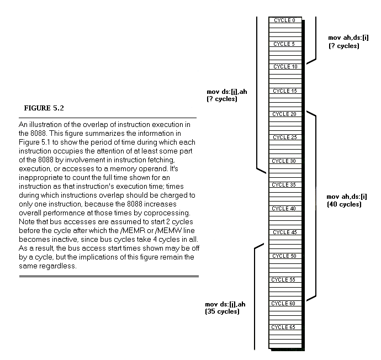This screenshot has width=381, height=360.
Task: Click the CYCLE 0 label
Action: (x=284, y=20)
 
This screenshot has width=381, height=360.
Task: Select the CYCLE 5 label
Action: (x=284, y=44)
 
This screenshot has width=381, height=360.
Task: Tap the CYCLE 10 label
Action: (x=285, y=67)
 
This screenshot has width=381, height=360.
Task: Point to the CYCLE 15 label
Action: (x=285, y=91)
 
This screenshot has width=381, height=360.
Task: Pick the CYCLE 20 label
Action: (x=285, y=114)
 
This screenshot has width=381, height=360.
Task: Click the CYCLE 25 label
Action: (x=285, y=137)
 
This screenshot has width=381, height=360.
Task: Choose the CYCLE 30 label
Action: (x=285, y=161)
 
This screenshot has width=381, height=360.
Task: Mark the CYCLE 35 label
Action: (x=285, y=185)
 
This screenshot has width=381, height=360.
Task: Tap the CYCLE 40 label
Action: (x=285, y=209)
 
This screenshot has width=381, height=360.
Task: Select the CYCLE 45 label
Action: (x=285, y=232)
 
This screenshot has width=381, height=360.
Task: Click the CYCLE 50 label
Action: (x=285, y=256)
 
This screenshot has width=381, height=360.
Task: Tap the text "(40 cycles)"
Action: (x=344, y=204)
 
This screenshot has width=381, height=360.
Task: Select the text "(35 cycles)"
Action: (x=222, y=312)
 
